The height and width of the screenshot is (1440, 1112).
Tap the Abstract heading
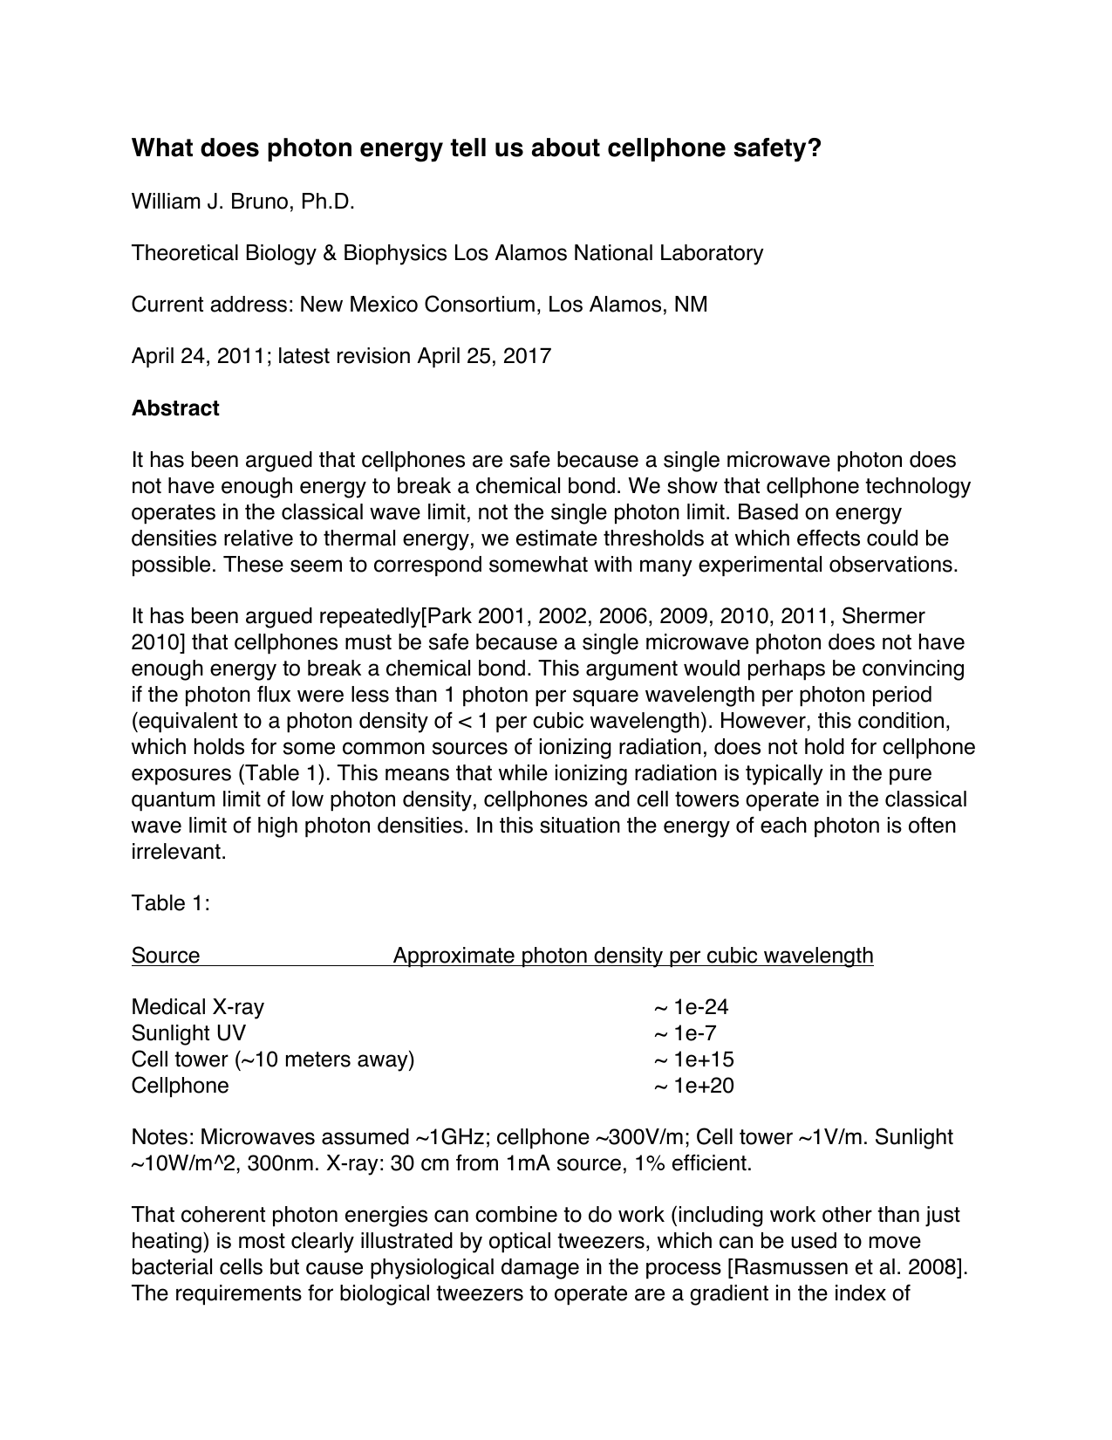tap(175, 408)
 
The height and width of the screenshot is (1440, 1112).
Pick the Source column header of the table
tap(166, 956)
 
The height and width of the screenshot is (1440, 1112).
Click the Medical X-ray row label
tap(198, 1007)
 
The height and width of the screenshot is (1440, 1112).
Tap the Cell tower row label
tap(273, 1059)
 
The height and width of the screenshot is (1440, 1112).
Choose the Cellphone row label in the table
tap(181, 1086)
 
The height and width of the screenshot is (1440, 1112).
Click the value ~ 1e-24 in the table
tap(691, 1007)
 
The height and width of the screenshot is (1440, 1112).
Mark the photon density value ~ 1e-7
tap(685, 1033)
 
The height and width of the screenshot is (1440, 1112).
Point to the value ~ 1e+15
tap(693, 1059)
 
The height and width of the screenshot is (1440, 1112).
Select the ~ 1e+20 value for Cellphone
tap(693, 1086)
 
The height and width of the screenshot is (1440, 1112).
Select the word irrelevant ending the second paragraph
tap(178, 852)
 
